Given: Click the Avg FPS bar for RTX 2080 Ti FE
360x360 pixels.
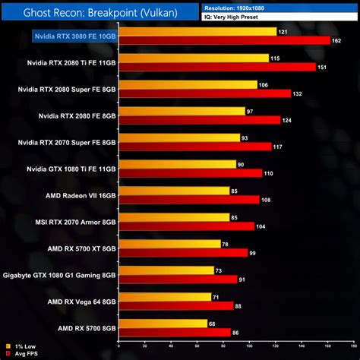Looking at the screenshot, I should click(x=218, y=67).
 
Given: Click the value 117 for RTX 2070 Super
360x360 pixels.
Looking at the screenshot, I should click(x=278, y=147).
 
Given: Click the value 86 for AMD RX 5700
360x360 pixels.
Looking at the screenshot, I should click(x=236, y=333).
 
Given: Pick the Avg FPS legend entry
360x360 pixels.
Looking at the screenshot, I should click(x=18, y=354).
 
